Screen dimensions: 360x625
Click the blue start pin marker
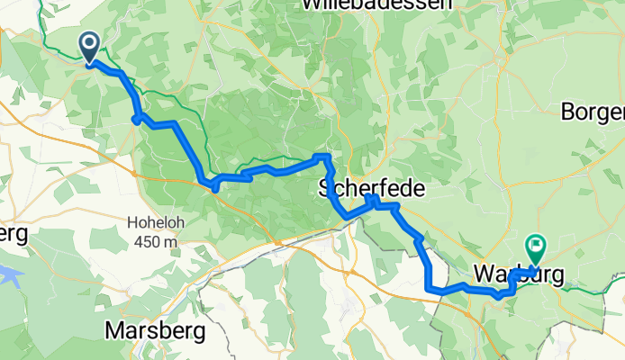[91, 48]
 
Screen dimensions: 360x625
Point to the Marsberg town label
[155, 330]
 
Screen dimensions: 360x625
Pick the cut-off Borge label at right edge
[593, 113]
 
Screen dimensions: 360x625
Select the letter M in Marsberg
[114, 330]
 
